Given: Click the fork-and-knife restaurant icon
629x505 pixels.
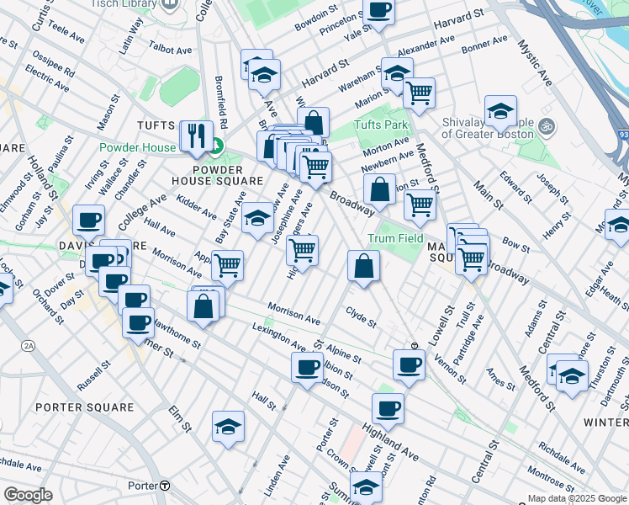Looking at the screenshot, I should click(195, 136).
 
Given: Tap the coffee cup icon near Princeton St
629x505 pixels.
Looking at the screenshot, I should click(378, 11).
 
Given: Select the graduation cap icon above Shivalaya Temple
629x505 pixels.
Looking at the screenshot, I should click(500, 110).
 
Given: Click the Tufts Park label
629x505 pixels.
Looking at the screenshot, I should click(380, 125).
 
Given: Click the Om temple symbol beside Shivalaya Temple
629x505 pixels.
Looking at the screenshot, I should click(547, 127).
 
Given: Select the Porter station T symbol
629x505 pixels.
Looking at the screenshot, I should click(166, 486).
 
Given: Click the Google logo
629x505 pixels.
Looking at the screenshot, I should click(29, 495).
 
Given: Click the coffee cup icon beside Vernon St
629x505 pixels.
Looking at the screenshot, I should click(410, 365).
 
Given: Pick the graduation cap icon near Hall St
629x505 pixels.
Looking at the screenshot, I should click(228, 428).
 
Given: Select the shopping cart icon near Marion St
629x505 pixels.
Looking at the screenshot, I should click(418, 93).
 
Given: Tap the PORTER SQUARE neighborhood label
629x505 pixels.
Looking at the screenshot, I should click(85, 407).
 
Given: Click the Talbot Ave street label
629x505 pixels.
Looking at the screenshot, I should click(172, 50).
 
